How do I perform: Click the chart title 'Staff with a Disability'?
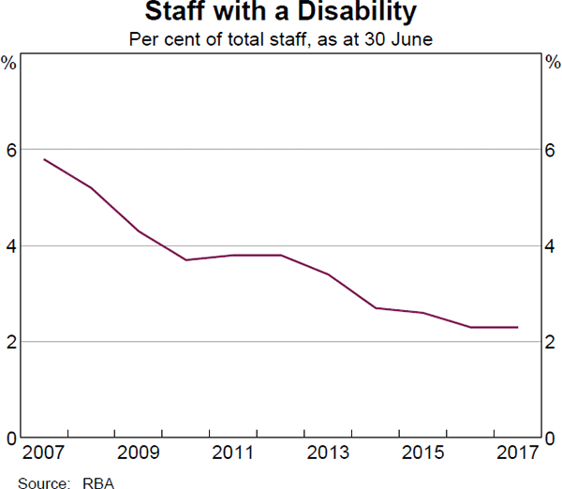tap(281, 14)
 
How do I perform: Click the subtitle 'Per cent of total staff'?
tap(281, 40)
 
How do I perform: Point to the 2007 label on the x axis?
tap(44, 454)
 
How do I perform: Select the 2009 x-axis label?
tap(139, 454)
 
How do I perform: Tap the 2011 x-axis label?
tap(233, 454)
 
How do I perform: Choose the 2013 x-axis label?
tap(328, 454)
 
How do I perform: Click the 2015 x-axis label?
tap(423, 454)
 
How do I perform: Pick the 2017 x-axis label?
tap(518, 454)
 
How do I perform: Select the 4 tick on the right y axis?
tap(552, 245)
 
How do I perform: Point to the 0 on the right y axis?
tap(552, 437)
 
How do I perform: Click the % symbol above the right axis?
tap(552, 63)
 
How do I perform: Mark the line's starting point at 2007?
tap(44, 159)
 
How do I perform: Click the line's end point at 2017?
tap(518, 327)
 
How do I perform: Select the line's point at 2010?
tap(186, 259)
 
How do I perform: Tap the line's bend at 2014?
tap(376, 307)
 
